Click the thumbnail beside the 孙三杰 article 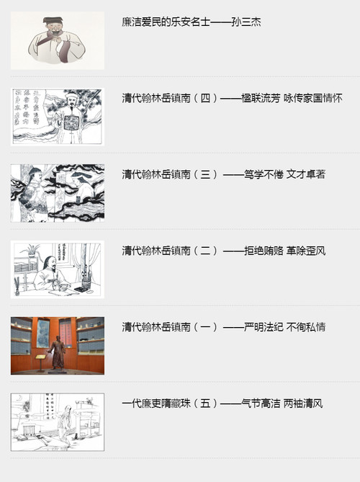58,40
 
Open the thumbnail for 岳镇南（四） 58,117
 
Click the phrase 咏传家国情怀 313,99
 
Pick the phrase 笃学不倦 262,175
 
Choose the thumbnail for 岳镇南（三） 58,193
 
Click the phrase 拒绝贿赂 262,251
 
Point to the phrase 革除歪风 307,251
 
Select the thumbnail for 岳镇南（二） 58,269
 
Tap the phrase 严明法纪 262,328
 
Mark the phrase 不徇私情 307,328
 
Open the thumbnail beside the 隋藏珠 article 58,422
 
